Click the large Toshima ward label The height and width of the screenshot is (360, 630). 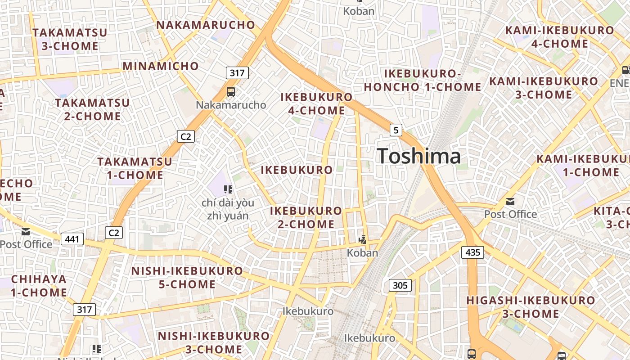coord(419,156)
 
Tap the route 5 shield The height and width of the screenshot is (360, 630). coord(396,130)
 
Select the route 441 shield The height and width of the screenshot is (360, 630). coord(72,238)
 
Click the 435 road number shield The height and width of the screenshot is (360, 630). coord(472,252)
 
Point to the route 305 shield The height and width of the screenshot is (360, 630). coord(400,285)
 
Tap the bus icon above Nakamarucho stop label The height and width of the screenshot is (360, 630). coord(231,92)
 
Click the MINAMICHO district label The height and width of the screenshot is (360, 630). coord(161,66)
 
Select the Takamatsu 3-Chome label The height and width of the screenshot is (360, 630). coord(70,39)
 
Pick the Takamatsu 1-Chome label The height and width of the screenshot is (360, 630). coord(135,168)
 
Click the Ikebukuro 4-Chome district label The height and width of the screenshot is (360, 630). coord(316,103)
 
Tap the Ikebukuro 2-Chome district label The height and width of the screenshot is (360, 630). coord(306,217)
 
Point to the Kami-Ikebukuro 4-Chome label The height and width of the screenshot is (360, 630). coord(560,37)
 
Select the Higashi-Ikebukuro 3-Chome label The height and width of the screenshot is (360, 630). coord(531,306)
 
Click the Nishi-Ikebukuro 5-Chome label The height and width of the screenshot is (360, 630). coord(187,277)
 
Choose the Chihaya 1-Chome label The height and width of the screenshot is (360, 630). coord(39,285)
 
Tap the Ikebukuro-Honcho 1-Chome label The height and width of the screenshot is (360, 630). coord(422,80)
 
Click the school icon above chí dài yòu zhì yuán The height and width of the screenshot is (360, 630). coord(228,189)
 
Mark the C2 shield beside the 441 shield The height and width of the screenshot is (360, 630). coord(113,232)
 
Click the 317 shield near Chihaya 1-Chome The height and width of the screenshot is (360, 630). coord(84,309)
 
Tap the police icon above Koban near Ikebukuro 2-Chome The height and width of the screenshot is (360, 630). coord(362,240)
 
